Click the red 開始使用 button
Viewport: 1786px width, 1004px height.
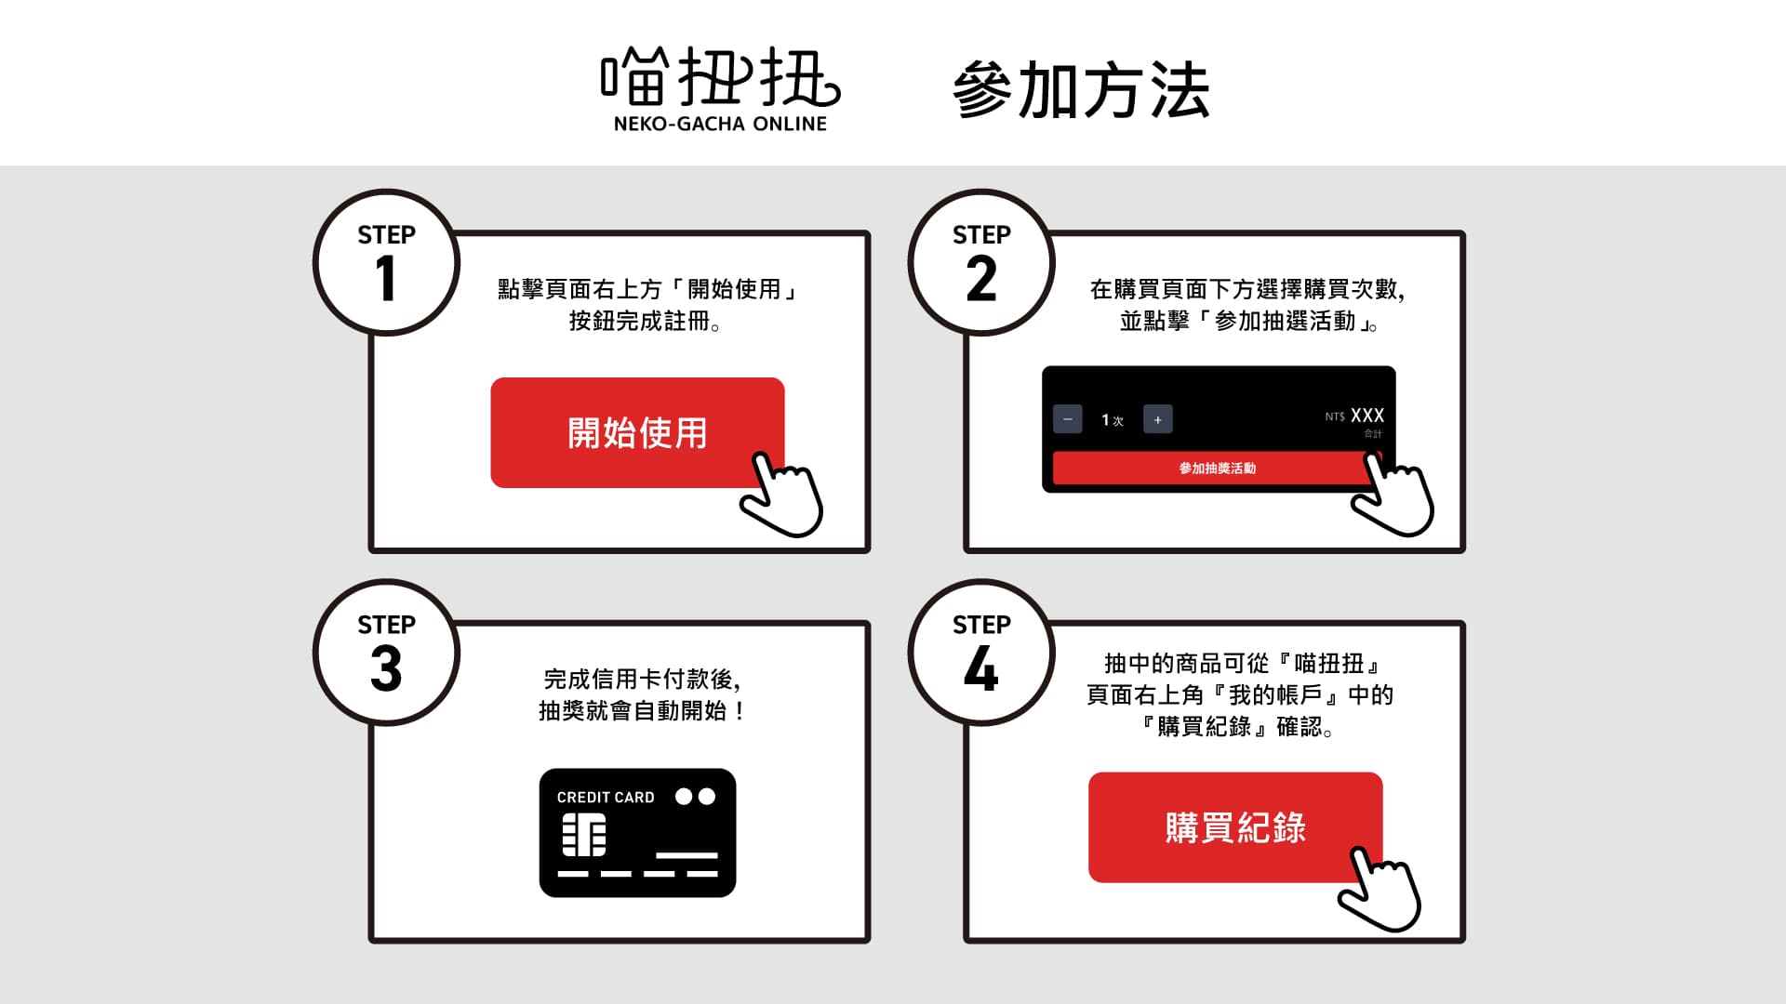pyautogui.click(x=637, y=432)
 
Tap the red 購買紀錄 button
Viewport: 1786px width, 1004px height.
pyautogui.click(x=1235, y=827)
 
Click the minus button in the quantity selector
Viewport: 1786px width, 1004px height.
pyautogui.click(x=1068, y=419)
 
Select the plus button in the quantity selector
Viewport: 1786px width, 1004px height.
pyautogui.click(x=1158, y=419)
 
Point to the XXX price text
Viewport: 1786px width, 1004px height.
pyautogui.click(x=1367, y=416)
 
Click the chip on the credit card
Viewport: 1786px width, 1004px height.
pyautogui.click(x=584, y=835)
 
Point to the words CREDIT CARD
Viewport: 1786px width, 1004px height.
pyautogui.click(x=606, y=798)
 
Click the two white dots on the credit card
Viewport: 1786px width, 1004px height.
pyautogui.click(x=696, y=797)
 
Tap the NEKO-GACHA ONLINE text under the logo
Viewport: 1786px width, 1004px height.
pyautogui.click(x=720, y=124)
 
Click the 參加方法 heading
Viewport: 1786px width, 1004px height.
pyautogui.click(x=1081, y=90)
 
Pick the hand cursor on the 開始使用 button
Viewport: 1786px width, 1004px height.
pyautogui.click(x=782, y=495)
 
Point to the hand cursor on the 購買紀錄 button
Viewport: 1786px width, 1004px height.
pyautogui.click(x=1380, y=889)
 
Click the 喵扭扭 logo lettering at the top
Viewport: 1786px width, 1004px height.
pyautogui.click(x=720, y=76)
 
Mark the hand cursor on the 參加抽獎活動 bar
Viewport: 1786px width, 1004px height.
pyautogui.click(x=1393, y=494)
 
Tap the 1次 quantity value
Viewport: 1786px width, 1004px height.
pyautogui.click(x=1113, y=420)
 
